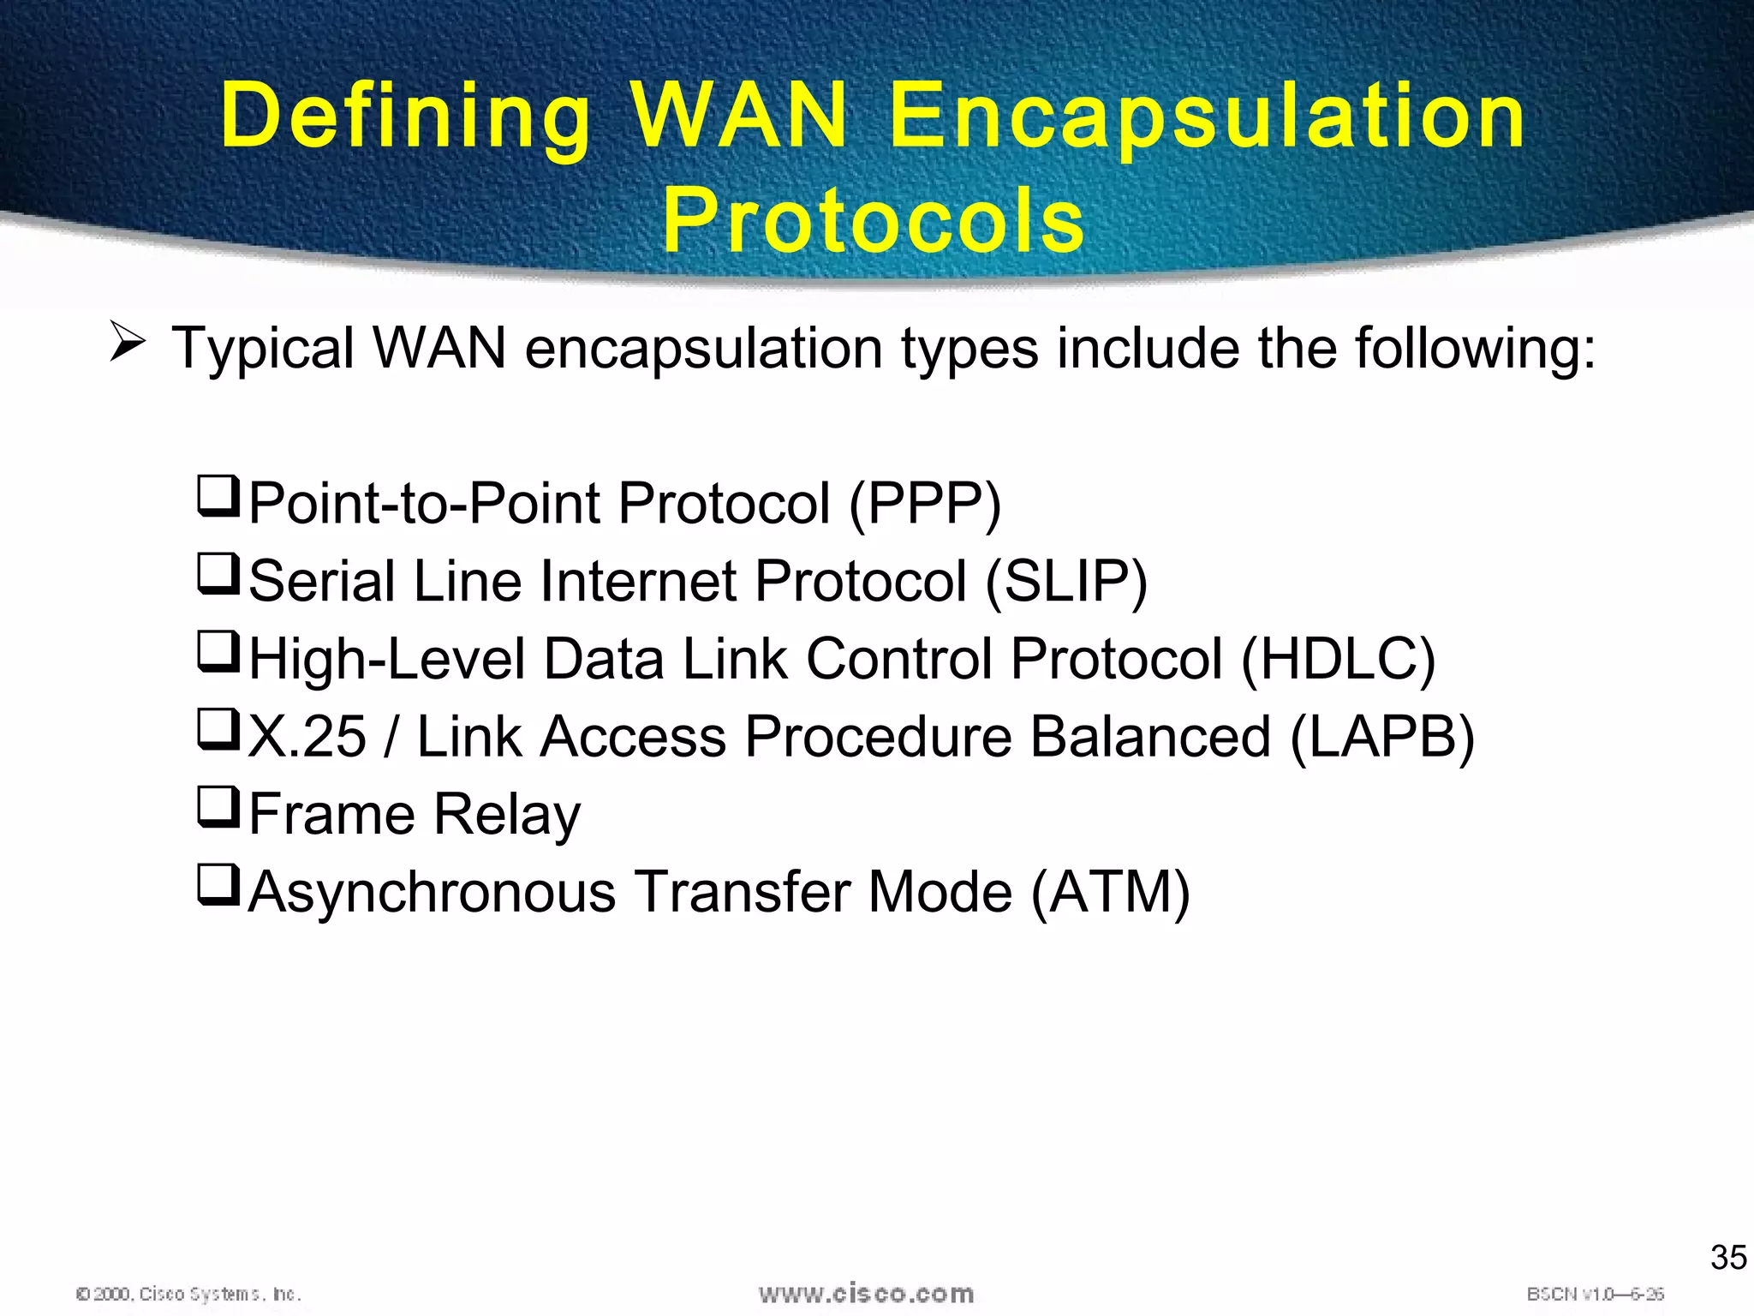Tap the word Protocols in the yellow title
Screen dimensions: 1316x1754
[874, 221]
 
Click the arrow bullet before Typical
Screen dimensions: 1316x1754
[128, 344]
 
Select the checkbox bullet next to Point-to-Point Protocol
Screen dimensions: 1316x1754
[218, 497]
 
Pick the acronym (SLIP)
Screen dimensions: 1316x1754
[1066, 582]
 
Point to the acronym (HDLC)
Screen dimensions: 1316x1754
[1338, 660]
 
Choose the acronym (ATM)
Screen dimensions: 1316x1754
[1111, 893]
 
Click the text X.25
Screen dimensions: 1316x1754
[307, 737]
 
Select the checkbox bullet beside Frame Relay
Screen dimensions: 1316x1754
[218, 807]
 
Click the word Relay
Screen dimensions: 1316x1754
[507, 815]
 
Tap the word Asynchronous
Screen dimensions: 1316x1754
[432, 893]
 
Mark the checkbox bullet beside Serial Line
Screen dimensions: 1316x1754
[218, 574]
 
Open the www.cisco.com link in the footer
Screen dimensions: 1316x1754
[866, 1293]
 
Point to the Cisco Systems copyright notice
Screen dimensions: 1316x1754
[188, 1294]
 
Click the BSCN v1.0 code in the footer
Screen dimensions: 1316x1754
[1595, 1294]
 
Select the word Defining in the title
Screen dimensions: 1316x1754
[406, 117]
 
